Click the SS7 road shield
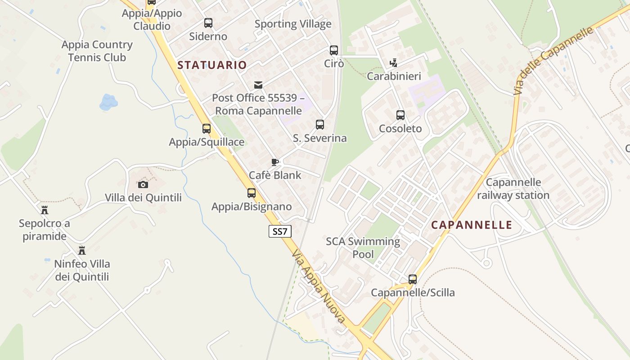pyautogui.click(x=280, y=232)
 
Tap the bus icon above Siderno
pyautogui.click(x=208, y=23)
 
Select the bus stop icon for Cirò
pyautogui.click(x=333, y=50)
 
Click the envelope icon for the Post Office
pyautogui.click(x=258, y=85)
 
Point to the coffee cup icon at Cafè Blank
pyautogui.click(x=275, y=162)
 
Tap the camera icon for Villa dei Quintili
pyautogui.click(x=143, y=184)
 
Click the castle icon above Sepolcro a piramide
pyautogui.click(x=44, y=210)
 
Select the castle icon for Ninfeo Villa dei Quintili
pyautogui.click(x=82, y=250)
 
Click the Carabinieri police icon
pyautogui.click(x=394, y=63)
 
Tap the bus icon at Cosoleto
pyautogui.click(x=400, y=115)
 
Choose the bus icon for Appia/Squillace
pyautogui.click(x=207, y=129)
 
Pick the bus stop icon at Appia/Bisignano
pyautogui.click(x=252, y=193)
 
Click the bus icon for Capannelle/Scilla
pyautogui.click(x=413, y=279)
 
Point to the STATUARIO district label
pyautogui.click(x=212, y=65)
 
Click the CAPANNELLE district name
pyautogui.click(x=472, y=225)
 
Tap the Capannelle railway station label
pyautogui.click(x=513, y=189)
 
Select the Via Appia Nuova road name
pyautogui.click(x=318, y=286)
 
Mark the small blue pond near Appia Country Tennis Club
pyautogui.click(x=108, y=102)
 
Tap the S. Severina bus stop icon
pyautogui.click(x=320, y=124)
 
